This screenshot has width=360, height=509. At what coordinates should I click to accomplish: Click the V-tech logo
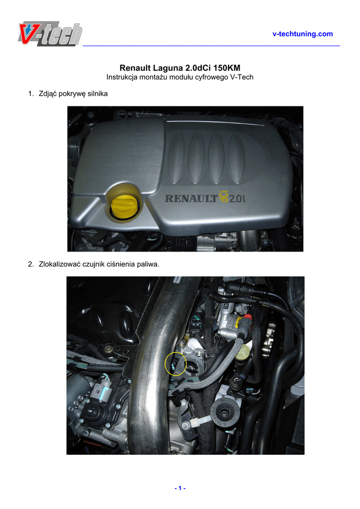pos(50,34)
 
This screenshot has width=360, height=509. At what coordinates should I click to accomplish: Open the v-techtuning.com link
pos(302,34)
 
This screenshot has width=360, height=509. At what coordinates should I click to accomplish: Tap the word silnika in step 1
pos(98,93)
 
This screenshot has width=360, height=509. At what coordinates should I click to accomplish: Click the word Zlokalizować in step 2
pos(60,264)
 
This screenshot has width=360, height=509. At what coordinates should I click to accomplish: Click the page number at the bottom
pos(180,488)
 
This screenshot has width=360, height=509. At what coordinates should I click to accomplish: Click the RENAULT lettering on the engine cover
pos(190,198)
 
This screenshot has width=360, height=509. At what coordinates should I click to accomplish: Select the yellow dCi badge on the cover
pos(223,197)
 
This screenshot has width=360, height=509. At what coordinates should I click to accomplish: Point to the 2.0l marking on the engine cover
pos(237,198)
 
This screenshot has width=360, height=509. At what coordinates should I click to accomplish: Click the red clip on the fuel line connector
pos(247,316)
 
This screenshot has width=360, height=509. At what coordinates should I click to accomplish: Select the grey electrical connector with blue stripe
pos(102,391)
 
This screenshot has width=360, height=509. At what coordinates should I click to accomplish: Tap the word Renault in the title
pos(135,68)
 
